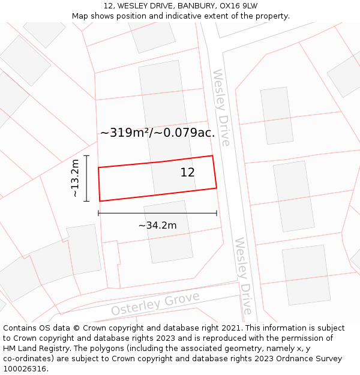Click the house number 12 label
click(x=187, y=173)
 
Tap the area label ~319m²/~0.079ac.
click(x=157, y=133)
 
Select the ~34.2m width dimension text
click(x=157, y=226)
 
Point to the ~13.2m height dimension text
click(x=74, y=178)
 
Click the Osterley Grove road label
click(x=155, y=304)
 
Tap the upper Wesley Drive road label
click(x=221, y=108)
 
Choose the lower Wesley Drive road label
click(x=243, y=275)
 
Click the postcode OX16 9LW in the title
click(x=236, y=6)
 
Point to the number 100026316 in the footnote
click(x=24, y=369)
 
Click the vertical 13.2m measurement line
click(x=86, y=178)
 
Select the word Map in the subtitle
click(x=81, y=16)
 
